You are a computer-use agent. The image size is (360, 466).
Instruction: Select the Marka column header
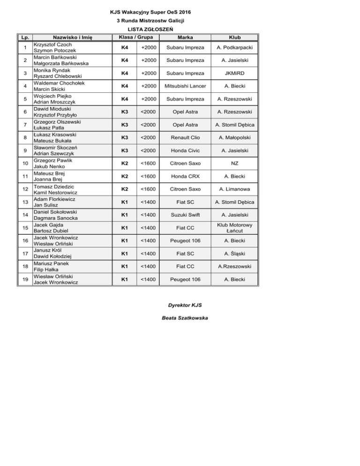(185, 37)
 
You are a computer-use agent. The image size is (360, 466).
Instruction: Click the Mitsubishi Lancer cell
(185, 86)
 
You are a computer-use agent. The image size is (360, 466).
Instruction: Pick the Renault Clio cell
(185, 137)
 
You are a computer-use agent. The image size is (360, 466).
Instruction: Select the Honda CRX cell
(185, 176)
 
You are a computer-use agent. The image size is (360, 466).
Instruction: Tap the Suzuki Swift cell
(185, 215)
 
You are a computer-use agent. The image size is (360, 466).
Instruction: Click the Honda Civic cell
(185, 150)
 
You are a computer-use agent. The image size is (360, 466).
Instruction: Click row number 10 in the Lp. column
(23, 163)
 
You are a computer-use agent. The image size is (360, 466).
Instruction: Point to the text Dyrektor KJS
(185, 305)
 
